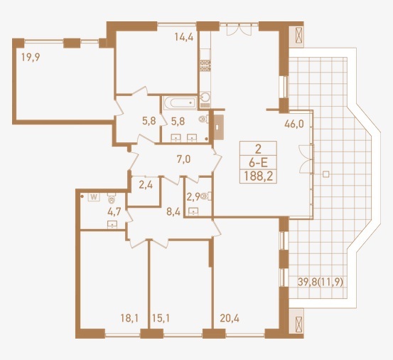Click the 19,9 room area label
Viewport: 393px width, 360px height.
coord(31,58)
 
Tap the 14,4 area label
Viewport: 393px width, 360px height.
coord(184,37)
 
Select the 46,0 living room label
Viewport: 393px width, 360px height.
coord(294,124)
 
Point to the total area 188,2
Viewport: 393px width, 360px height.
coord(258,177)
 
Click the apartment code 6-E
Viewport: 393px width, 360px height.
coord(258,164)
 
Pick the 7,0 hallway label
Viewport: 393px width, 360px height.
coord(184,159)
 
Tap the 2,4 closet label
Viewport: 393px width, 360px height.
coord(146,186)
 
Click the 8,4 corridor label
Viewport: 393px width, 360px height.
coord(173,212)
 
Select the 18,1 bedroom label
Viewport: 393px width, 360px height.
coord(129,319)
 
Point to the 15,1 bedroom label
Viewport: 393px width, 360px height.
coord(161,319)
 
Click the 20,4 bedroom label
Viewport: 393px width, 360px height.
coord(230,319)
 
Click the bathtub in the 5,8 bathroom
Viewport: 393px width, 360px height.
coord(181,102)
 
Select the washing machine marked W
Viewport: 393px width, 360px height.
coord(94,197)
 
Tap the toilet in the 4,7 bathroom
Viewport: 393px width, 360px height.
coord(112,198)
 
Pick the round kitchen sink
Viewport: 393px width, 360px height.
coord(205,97)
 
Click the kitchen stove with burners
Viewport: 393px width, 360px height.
coord(205,65)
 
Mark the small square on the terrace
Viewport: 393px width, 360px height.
coord(325,174)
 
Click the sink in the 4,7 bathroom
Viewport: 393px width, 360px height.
coord(112,225)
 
